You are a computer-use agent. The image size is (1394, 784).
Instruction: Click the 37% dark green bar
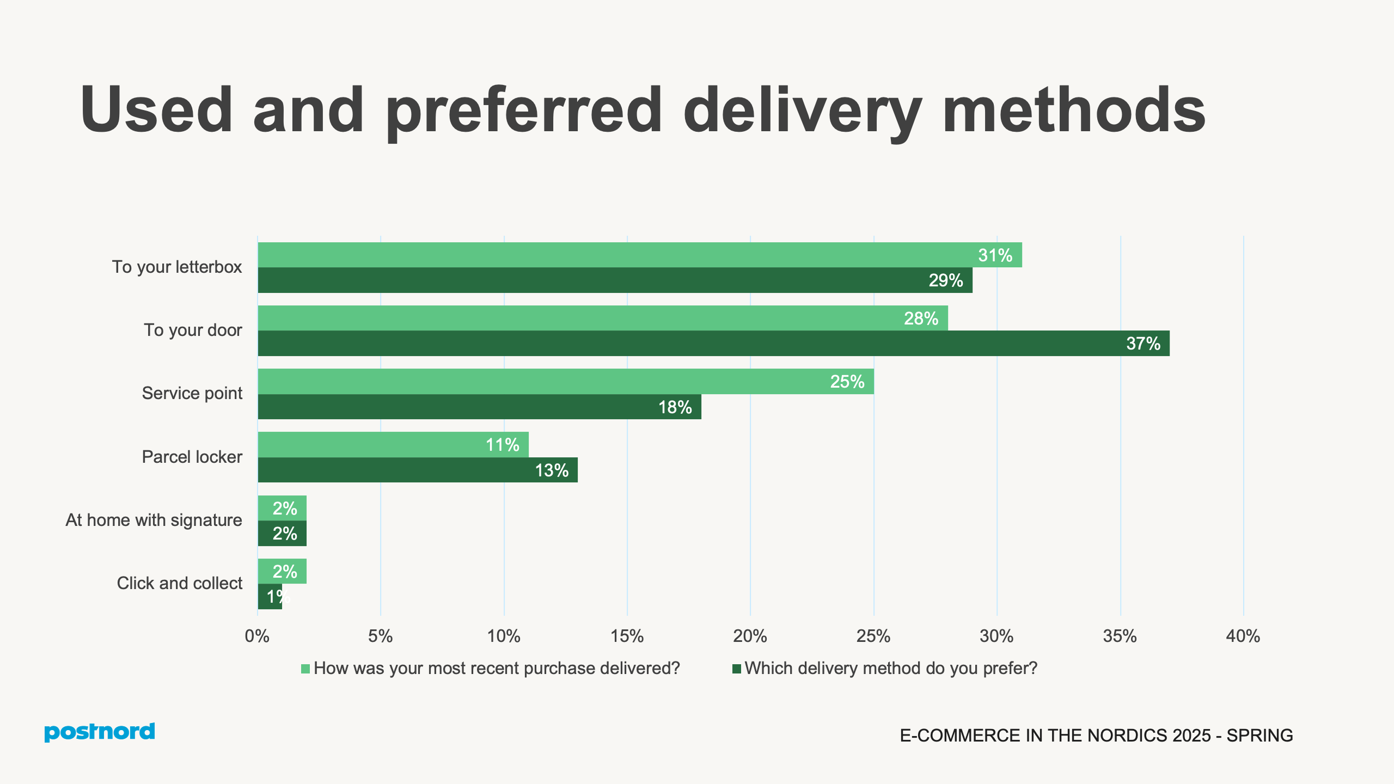point(713,344)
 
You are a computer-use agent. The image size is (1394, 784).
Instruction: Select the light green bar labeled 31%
point(640,255)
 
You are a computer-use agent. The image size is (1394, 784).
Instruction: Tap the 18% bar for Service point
point(479,407)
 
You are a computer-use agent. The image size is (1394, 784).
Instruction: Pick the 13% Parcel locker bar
point(418,470)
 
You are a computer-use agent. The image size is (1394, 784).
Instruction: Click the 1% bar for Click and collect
point(270,597)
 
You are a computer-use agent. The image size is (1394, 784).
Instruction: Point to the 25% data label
point(847,382)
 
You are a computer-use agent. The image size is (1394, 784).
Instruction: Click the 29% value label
point(945,280)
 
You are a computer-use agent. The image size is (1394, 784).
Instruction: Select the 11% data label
point(502,445)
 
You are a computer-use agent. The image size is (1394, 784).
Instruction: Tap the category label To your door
point(193,330)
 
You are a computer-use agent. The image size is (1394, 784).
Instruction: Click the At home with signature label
point(154,520)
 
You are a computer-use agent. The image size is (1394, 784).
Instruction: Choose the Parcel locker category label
point(192,457)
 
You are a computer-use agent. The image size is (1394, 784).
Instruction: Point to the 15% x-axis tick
point(627,636)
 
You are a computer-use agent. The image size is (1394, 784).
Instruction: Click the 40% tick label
point(1243,636)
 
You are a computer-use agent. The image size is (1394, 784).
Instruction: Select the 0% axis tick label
point(257,636)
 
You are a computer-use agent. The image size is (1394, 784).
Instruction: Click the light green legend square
point(305,669)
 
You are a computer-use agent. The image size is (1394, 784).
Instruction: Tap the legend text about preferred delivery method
point(891,668)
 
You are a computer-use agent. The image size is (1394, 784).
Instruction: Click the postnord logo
point(100,732)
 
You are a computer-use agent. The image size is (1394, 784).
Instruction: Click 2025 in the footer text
point(1191,736)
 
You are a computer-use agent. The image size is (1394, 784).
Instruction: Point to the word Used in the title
point(157,111)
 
